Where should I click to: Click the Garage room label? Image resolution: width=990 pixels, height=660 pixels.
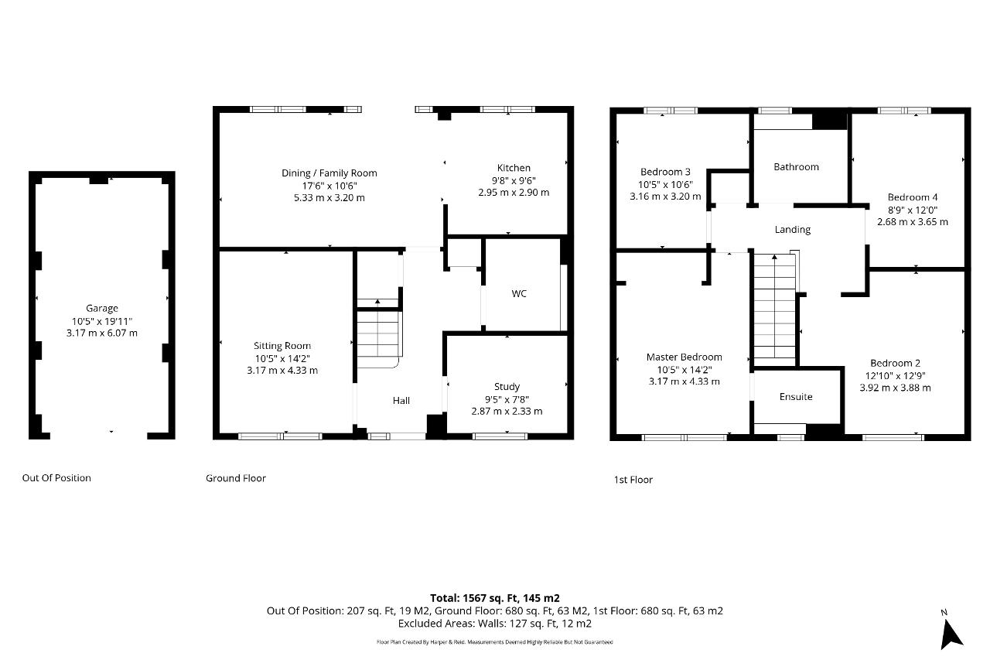coord(102,308)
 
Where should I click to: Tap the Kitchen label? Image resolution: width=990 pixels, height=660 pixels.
coord(514,168)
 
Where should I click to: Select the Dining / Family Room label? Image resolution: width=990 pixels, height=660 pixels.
coord(329,173)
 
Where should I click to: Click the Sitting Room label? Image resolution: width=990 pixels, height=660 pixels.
coord(282,346)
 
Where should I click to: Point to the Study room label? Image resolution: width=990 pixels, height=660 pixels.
coord(507,386)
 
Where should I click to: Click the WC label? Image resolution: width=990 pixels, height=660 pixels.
coord(519,293)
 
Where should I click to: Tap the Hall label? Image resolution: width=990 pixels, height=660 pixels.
coord(401,400)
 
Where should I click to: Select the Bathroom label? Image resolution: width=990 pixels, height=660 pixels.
coord(796,166)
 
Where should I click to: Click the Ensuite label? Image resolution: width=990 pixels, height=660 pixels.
coord(796,396)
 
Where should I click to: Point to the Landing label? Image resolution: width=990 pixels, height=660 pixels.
coord(793,229)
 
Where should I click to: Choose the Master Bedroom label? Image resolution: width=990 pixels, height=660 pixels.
coord(684,357)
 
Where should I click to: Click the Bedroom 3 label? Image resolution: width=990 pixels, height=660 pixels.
coord(665,172)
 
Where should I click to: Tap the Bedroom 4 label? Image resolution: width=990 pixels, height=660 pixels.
coord(913,197)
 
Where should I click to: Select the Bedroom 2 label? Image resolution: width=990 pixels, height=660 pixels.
coord(895,363)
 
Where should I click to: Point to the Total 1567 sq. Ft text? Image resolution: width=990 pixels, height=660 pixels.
coord(494,597)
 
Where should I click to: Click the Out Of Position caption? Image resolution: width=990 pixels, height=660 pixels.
coord(56,477)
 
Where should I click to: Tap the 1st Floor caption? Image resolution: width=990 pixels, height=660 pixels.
coord(633,480)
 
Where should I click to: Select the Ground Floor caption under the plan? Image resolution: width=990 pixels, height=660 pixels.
coord(235,478)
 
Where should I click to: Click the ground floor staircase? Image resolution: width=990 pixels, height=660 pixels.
coord(377,333)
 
